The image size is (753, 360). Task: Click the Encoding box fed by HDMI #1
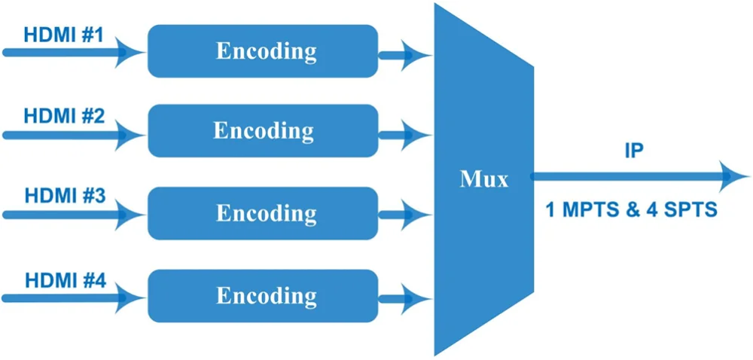click(x=263, y=51)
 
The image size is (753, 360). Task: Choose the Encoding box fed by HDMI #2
click(x=263, y=131)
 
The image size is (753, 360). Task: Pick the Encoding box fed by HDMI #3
click(x=263, y=213)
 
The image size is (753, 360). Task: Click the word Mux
click(x=483, y=180)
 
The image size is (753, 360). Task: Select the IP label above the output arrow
click(x=633, y=151)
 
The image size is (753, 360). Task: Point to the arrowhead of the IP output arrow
click(x=733, y=176)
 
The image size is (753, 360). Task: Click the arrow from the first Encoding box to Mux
click(x=405, y=55)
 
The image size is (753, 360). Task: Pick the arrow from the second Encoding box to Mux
click(x=405, y=136)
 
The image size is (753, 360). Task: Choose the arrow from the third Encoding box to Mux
click(x=405, y=215)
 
